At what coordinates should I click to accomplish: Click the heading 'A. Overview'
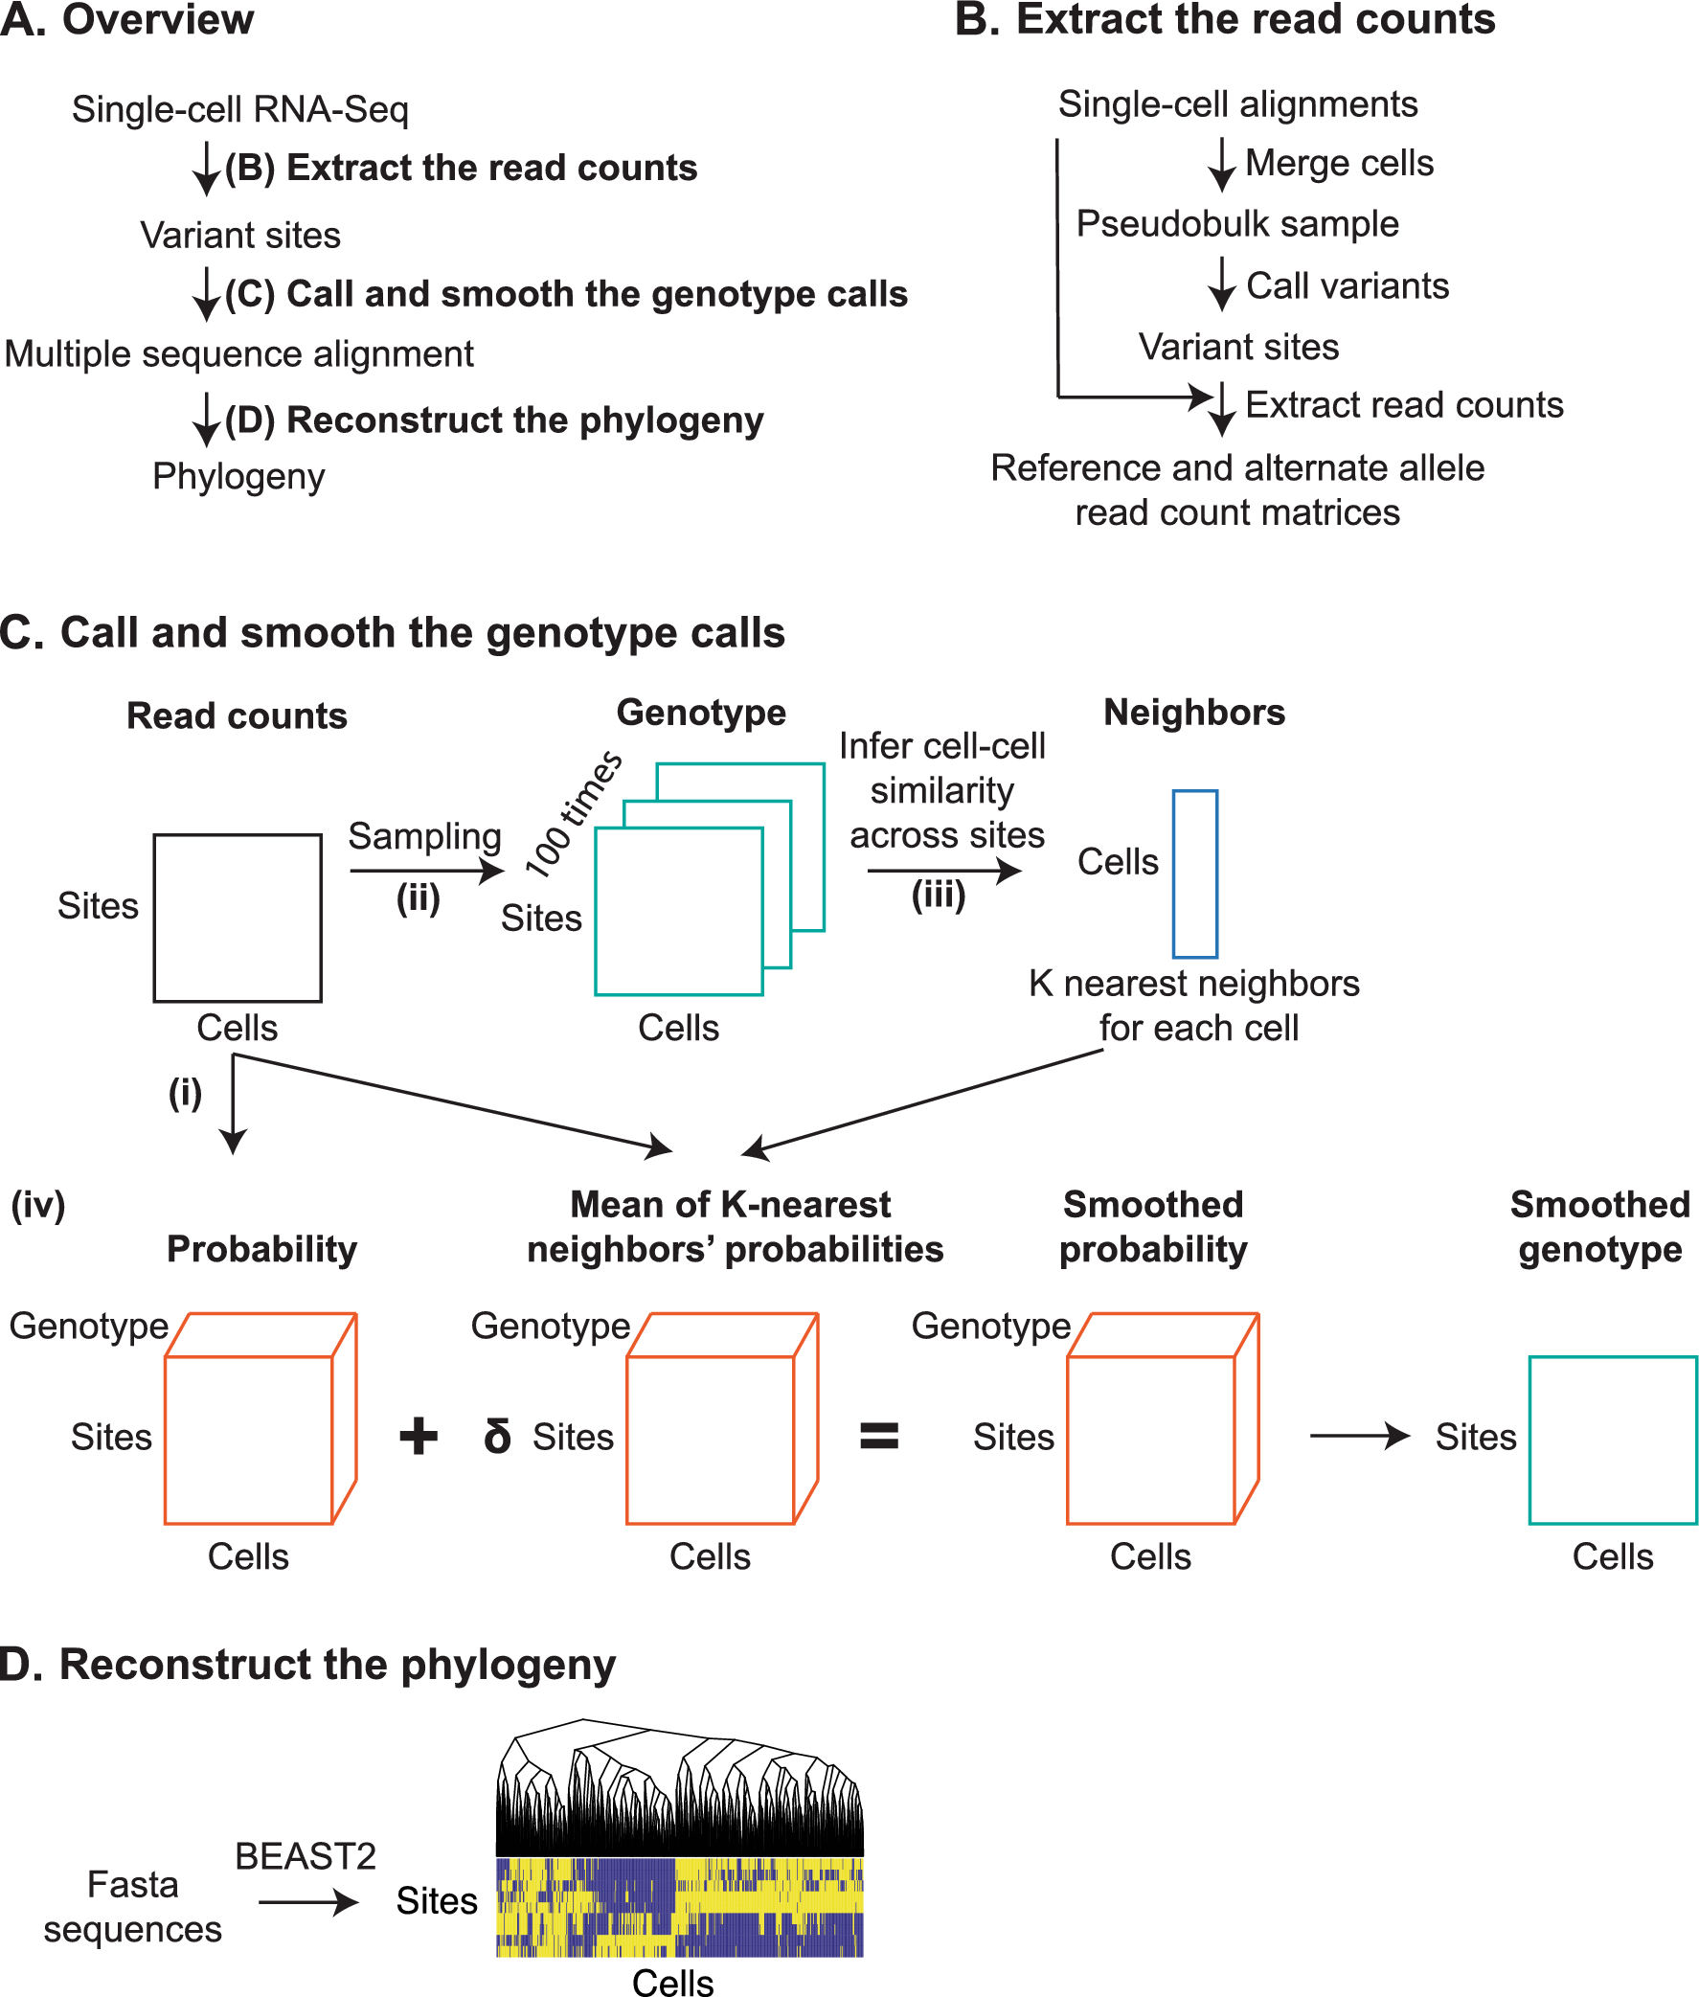click(126, 20)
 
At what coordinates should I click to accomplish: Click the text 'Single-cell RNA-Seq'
click(239, 109)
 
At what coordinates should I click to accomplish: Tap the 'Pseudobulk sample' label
click(1236, 223)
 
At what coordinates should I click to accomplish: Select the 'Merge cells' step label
click(1339, 163)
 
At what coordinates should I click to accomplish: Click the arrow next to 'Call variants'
click(1221, 284)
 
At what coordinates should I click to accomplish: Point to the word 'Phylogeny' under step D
click(238, 477)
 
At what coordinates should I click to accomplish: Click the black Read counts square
click(237, 918)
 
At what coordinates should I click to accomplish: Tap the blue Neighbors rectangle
click(1194, 874)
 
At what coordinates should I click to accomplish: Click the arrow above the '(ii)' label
click(426, 871)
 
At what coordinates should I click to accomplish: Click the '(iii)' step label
click(939, 896)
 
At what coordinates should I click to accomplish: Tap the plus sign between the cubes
click(418, 1436)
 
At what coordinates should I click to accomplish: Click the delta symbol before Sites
click(497, 1436)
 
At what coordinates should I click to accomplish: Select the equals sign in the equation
click(878, 1437)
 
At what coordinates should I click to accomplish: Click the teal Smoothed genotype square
click(1612, 1440)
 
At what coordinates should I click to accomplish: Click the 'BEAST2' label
click(306, 1855)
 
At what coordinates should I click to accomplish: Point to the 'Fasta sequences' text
click(133, 1906)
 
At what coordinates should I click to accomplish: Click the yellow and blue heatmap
click(679, 1906)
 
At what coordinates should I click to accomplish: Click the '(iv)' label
click(37, 1204)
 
